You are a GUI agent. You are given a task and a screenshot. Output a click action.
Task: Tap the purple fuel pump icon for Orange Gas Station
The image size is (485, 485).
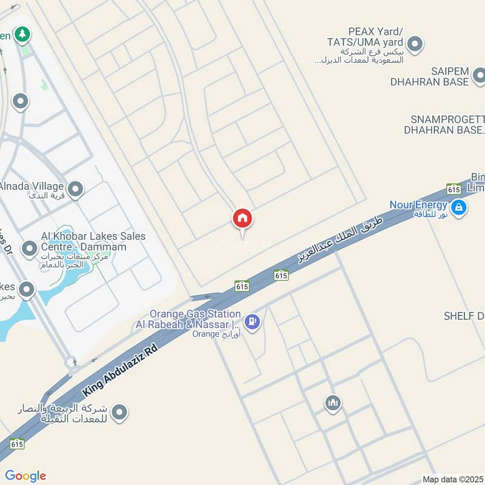[253, 322]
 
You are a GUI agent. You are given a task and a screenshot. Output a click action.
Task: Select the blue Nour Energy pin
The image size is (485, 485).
[459, 208]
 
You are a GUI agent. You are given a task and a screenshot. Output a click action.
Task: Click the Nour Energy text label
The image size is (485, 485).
[419, 205]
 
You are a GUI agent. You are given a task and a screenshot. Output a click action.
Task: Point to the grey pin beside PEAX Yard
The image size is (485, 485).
[415, 44]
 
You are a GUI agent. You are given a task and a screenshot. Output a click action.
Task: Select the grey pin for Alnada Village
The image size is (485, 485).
[75, 190]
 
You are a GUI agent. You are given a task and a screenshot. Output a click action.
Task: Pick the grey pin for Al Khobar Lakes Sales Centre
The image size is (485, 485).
[29, 248]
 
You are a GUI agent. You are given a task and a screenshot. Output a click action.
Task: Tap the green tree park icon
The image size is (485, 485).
[22, 35]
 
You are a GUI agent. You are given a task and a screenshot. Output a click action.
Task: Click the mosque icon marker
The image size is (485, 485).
[332, 403]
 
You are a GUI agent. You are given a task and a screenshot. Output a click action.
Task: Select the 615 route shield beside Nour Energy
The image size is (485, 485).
[453, 189]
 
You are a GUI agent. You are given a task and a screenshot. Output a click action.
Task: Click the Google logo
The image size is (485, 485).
[25, 476]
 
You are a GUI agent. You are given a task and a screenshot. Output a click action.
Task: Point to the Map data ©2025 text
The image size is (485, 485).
[452, 479]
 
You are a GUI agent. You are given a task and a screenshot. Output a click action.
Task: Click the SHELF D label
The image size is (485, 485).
[464, 316]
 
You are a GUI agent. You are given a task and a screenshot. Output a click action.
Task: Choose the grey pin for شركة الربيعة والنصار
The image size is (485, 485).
[120, 413]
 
